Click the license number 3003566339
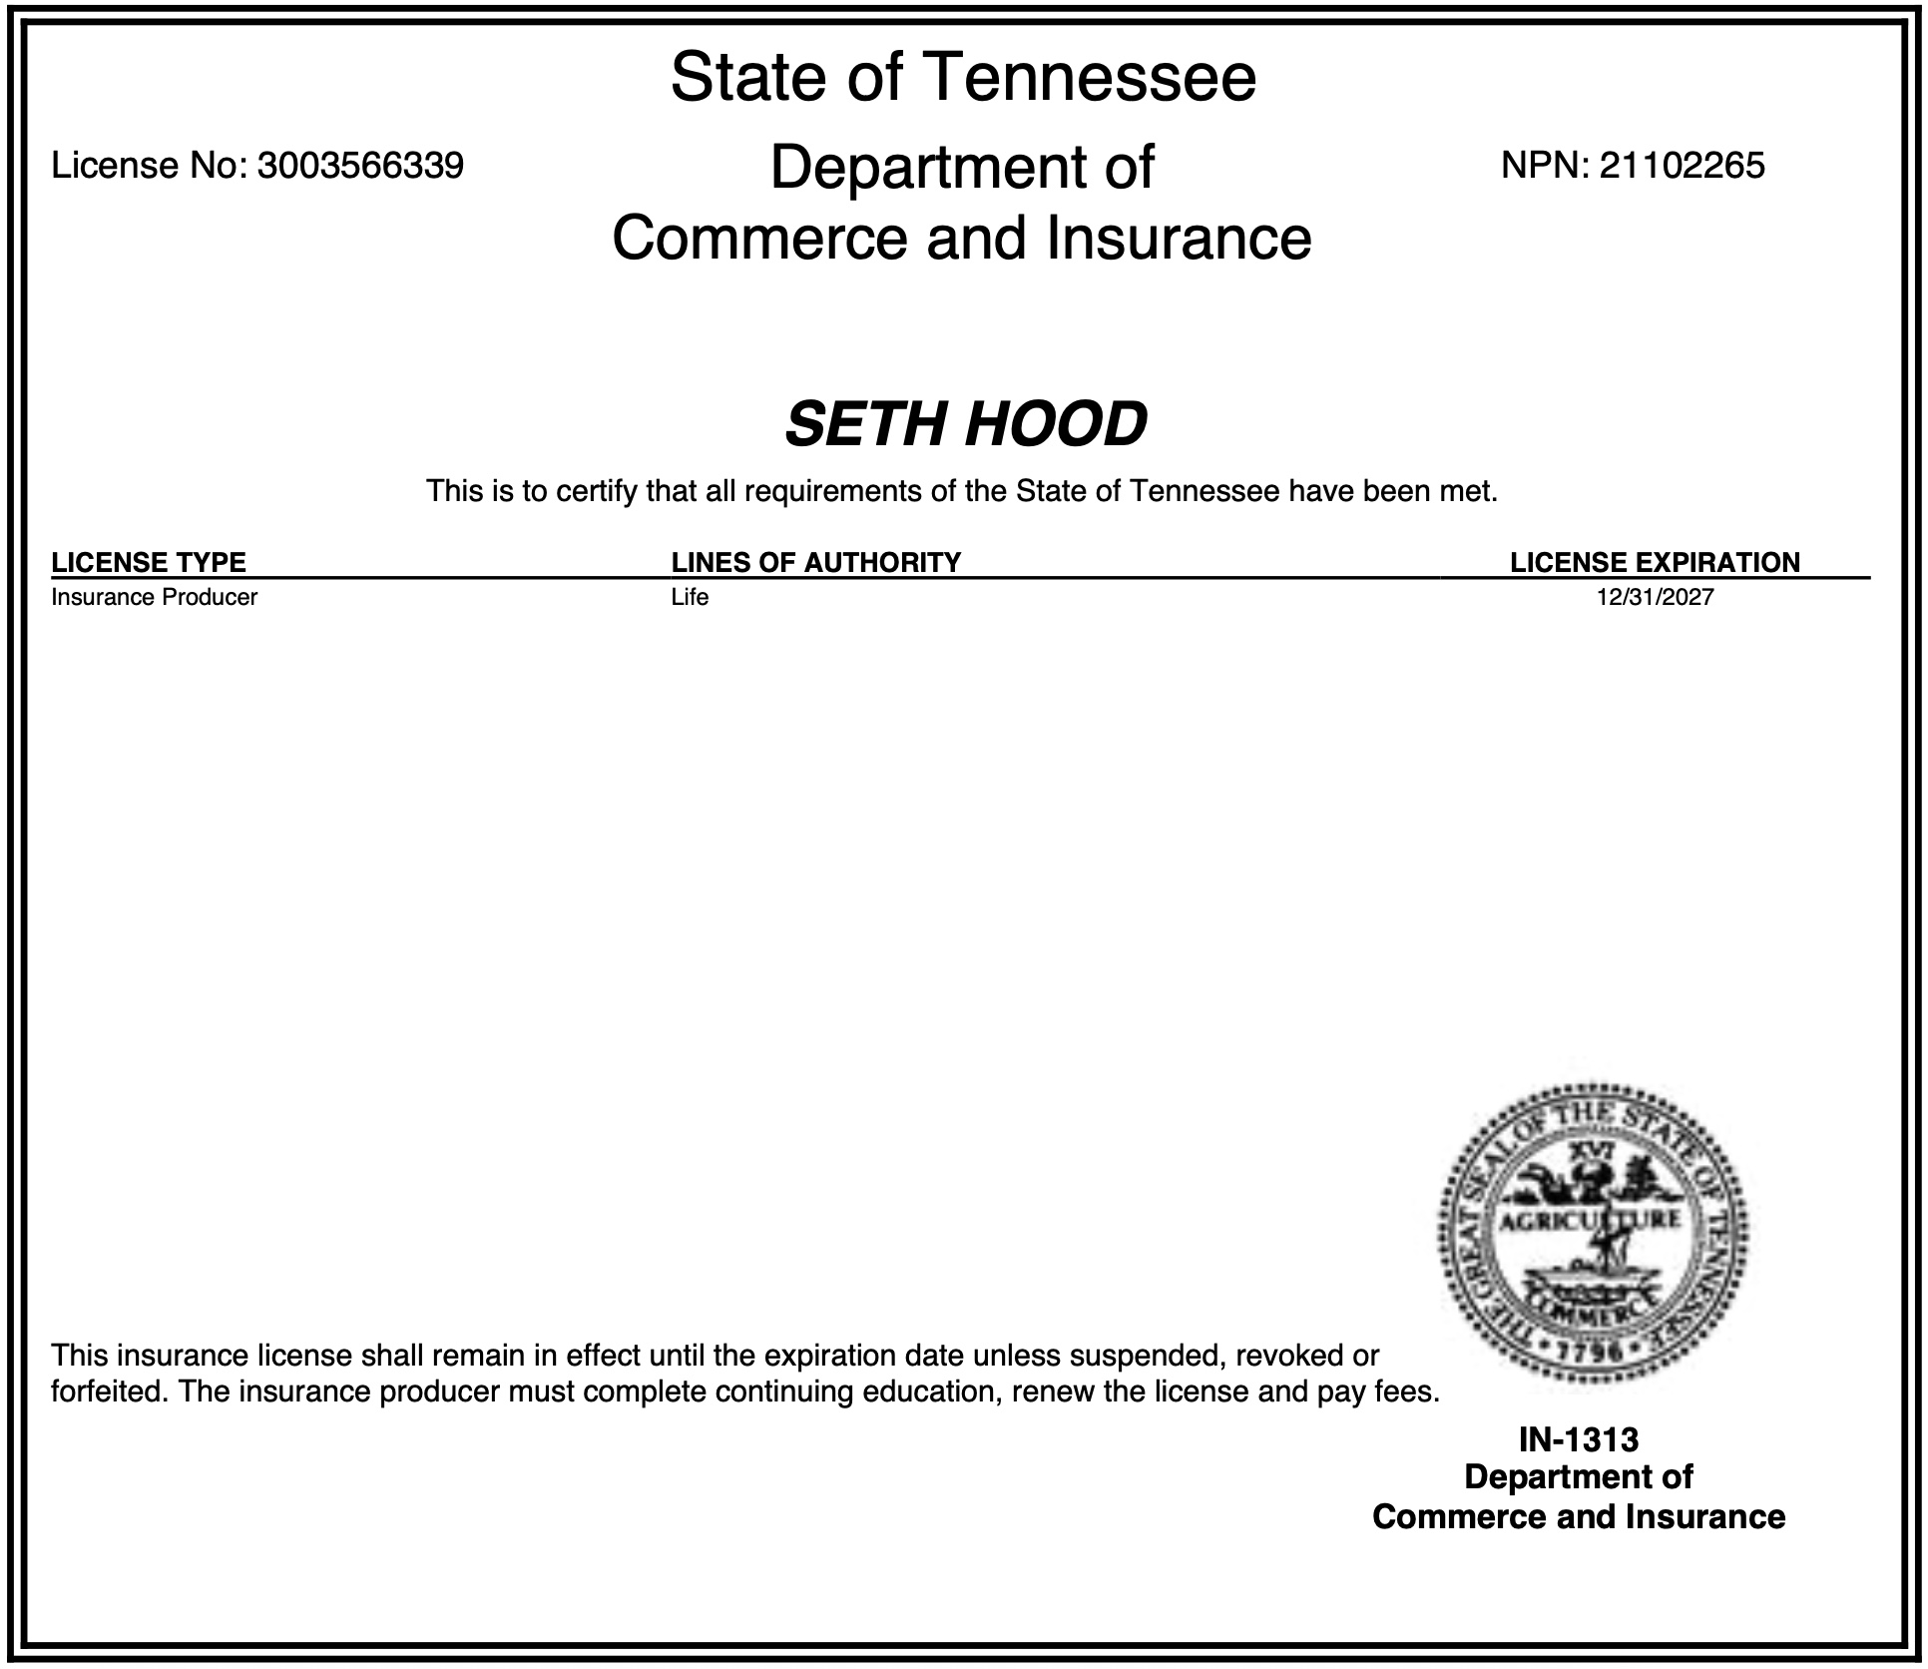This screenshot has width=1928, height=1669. point(360,165)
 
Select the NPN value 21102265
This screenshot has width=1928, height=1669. point(1682,165)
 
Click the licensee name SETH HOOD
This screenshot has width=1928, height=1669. point(965,423)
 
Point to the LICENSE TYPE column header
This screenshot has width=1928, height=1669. point(149,562)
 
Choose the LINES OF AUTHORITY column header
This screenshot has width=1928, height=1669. point(815,562)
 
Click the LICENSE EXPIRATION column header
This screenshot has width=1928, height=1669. point(1655,562)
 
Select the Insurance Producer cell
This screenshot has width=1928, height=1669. point(155,597)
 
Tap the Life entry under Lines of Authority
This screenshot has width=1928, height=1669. point(690,597)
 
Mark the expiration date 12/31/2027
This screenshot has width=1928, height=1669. point(1655,597)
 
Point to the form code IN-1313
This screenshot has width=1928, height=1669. point(1579,1439)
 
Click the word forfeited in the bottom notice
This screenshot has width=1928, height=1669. point(109,1391)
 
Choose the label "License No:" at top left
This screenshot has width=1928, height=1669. point(150,165)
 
